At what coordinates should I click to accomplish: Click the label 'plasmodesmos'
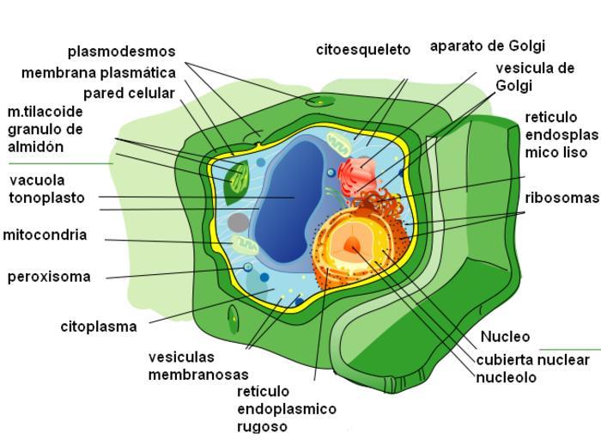coord(121,52)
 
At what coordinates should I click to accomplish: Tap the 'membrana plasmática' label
coord(98,72)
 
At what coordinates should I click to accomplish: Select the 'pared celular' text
coord(129,93)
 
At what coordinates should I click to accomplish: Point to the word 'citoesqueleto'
coord(363,50)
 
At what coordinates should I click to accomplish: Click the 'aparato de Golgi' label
coord(487,46)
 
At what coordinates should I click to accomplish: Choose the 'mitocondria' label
coord(45,235)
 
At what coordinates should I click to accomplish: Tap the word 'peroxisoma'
coord(49,277)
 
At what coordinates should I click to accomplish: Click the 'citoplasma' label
coord(99,327)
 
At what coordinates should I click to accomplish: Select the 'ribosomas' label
coord(562,198)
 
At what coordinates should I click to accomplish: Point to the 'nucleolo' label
coord(506,377)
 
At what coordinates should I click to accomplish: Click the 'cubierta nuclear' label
coord(532,360)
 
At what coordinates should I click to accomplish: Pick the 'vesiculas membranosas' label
coord(197,365)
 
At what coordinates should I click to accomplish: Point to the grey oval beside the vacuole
coord(239,223)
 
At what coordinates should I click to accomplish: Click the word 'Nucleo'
coord(505,337)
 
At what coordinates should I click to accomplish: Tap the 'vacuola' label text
coord(37,180)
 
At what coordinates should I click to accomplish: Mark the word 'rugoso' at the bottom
coord(262,426)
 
